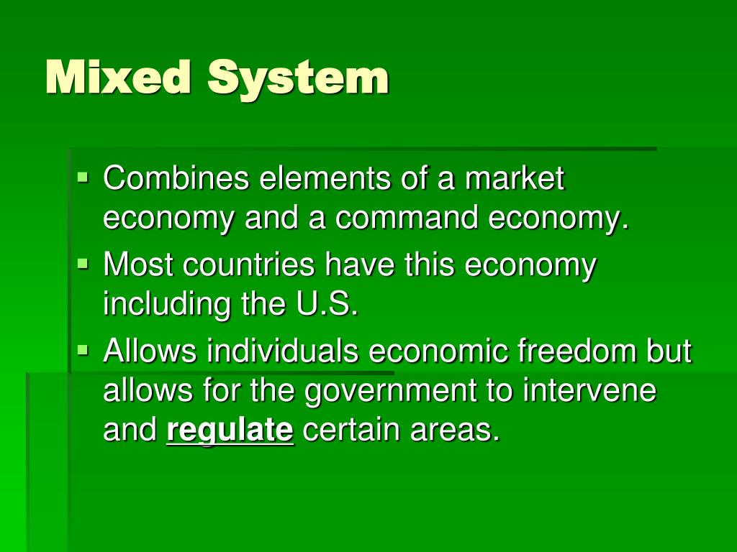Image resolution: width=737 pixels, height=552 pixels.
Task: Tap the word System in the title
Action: [x=298, y=78]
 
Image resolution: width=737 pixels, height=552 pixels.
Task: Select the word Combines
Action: [x=176, y=178]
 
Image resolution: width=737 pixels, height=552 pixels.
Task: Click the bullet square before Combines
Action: [x=83, y=175]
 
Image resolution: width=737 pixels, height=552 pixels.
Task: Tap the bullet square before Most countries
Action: [x=83, y=263]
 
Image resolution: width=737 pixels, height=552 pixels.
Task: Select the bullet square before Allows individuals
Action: [x=83, y=350]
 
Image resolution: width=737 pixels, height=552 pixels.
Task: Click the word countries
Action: [x=249, y=265]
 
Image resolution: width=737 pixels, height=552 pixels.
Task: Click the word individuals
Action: [x=283, y=351]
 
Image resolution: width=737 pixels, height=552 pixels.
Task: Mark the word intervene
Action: [x=589, y=391]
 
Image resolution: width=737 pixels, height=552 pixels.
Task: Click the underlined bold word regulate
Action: [x=230, y=431]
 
